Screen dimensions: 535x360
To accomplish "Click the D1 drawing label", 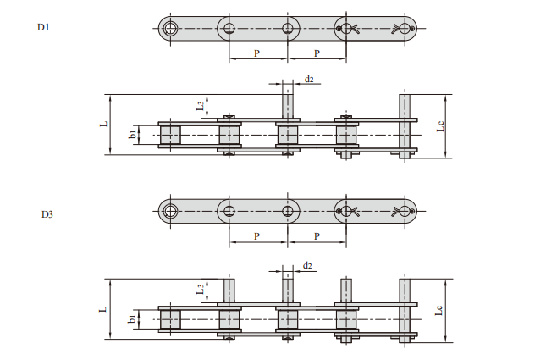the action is [x=43, y=27].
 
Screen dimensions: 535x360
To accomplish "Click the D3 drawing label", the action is [x=47, y=214].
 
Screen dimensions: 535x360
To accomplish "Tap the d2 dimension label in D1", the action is [x=309, y=80].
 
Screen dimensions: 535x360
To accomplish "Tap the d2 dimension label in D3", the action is [x=307, y=265].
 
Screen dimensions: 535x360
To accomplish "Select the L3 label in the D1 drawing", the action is [x=201, y=106].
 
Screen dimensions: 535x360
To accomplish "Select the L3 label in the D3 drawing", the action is [x=201, y=289].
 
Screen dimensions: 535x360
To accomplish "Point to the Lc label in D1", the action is [x=440, y=125].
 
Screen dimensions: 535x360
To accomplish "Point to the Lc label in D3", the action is [x=439, y=310].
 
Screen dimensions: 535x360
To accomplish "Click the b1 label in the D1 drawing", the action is [x=133, y=134].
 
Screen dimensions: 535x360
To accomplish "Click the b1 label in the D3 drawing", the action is [x=132, y=318].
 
